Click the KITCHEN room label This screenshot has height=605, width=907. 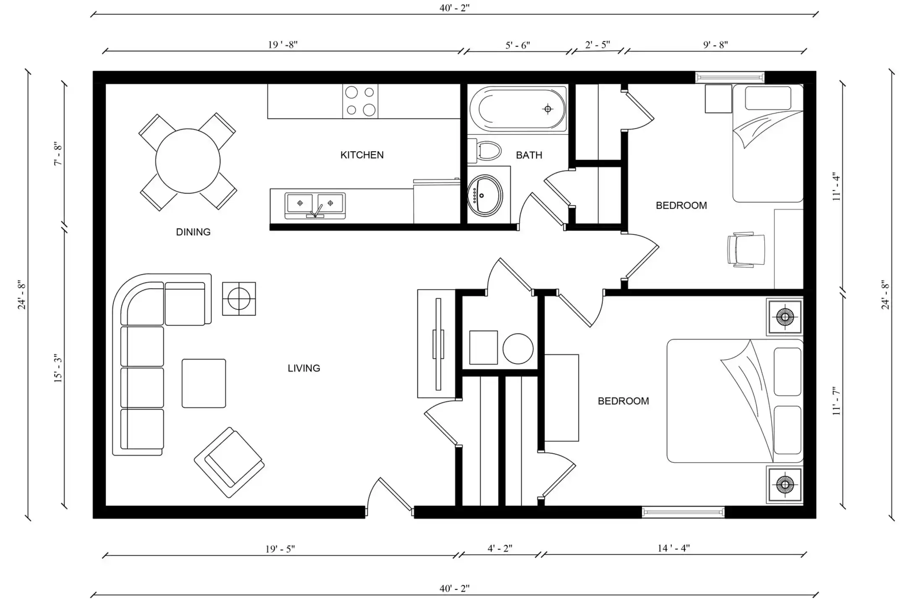pos(362,155)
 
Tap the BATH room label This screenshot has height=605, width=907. pos(529,155)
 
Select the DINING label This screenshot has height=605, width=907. pos(193,232)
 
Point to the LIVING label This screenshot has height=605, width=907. pos(304,368)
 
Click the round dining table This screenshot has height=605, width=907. pos(188,161)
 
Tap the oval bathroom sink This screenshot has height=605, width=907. pos(485,195)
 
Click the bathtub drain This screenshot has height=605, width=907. pos(548,109)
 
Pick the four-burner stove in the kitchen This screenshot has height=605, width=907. pos(360,101)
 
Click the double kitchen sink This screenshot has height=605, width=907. pos(315,205)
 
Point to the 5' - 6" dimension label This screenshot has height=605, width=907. pos(518,45)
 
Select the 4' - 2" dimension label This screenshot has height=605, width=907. pos(500,548)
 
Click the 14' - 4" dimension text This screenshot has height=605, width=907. pos(674,548)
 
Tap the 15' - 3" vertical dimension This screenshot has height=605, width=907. pos(58,368)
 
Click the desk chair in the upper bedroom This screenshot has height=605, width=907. pos(746,250)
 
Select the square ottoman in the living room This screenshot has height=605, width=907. pos(204,383)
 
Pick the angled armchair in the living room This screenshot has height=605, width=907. pos(229,463)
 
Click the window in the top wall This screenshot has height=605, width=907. pos(729,77)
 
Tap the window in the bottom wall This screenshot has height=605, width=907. pos(683,512)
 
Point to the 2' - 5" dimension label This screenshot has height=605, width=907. pos(597,45)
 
